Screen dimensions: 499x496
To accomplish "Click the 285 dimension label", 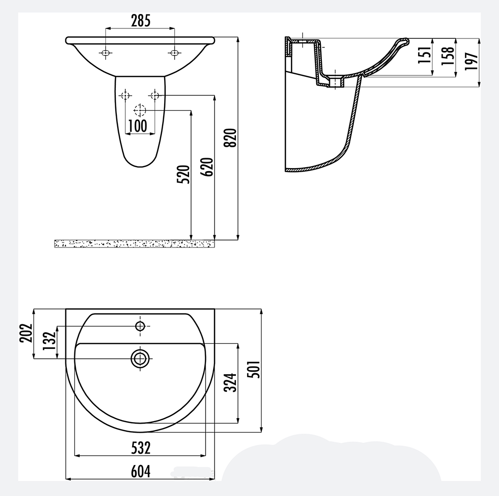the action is point(141,21).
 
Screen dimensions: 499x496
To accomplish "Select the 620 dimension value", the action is point(208,167).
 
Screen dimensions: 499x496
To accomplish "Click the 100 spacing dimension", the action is point(138,126).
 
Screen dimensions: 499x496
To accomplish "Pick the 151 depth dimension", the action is point(425,55).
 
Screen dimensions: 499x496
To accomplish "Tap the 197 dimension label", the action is point(472,61).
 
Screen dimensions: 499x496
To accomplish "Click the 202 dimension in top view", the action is point(26,333).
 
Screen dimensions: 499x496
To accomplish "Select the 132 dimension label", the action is point(49,341).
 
